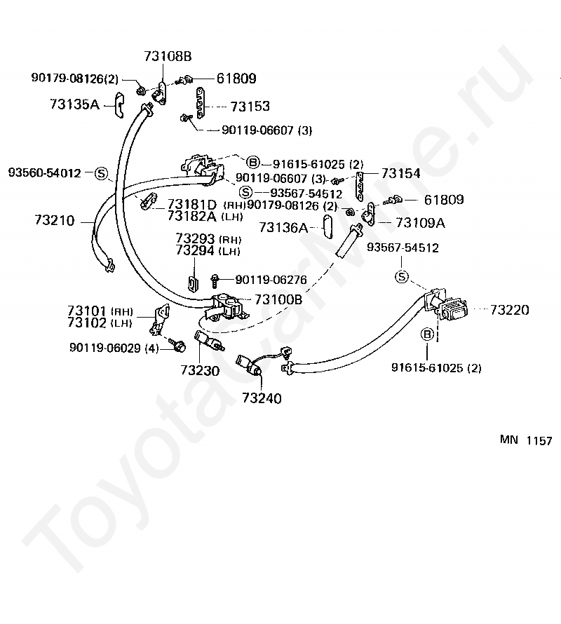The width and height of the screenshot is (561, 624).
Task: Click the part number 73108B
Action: pos(168,57)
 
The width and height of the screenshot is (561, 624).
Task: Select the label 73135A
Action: pos(75,104)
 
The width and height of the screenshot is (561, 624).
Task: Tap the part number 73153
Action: pos(250,107)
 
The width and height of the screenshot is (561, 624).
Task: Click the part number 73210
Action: pos(54,222)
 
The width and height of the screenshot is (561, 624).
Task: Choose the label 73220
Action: pos(510,310)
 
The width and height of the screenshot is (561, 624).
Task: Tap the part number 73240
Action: pos(262,398)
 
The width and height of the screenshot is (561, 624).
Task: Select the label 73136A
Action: pos(283,227)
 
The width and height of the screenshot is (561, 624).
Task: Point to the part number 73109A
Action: pos(421,223)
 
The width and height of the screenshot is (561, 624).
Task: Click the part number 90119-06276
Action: pos(271,280)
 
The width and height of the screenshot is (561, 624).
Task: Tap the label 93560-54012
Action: pos(45,172)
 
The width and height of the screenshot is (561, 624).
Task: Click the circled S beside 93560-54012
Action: pos(100,172)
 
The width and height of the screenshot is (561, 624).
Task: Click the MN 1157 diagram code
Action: pos(526,441)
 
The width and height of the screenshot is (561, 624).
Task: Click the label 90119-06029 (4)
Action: pos(114,347)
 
